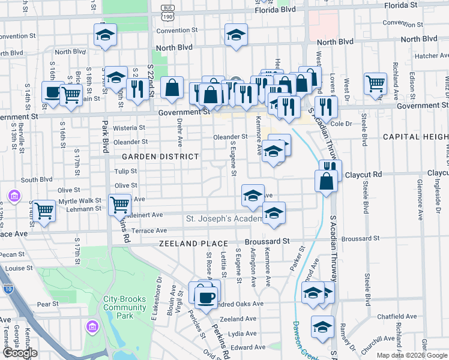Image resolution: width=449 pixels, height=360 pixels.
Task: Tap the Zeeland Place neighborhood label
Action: pos(193,244)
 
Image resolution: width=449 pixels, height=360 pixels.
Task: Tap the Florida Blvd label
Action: pos(275,10)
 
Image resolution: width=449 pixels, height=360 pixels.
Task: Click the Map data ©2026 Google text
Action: pos(412,355)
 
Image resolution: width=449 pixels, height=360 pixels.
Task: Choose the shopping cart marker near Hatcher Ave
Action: pos(375,84)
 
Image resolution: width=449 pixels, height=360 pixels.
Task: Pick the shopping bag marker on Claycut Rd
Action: pos(325,181)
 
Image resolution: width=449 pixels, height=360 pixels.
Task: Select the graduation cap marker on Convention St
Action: pos(236,34)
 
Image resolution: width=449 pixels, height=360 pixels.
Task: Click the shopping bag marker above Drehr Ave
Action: pos(172,88)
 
